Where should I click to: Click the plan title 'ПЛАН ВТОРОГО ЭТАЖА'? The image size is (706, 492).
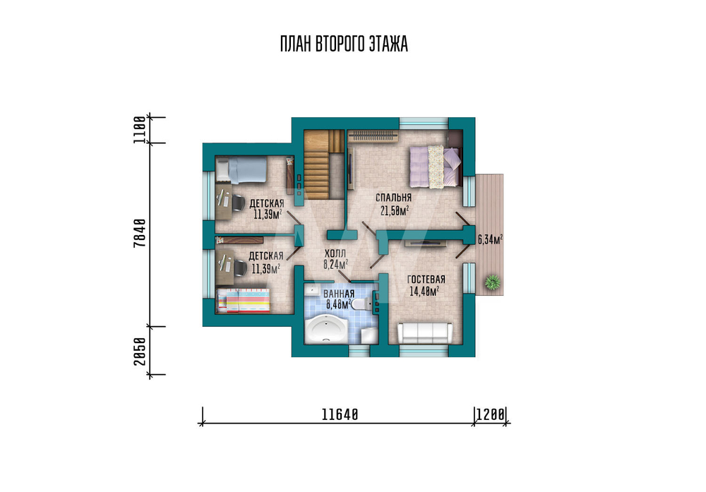tap(344, 44)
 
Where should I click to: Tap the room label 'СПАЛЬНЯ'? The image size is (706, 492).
tap(393, 198)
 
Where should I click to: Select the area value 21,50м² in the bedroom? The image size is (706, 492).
tap(395, 210)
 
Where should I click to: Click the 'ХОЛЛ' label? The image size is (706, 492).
tap(335, 254)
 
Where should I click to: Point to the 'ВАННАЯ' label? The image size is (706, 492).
tap(339, 294)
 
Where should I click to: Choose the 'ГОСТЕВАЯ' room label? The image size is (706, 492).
tap(426, 280)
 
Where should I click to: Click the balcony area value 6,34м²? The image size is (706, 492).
tap(491, 239)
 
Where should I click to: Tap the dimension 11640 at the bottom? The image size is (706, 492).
tap(340, 414)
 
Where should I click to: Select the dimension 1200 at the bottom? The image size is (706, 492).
tap(491, 414)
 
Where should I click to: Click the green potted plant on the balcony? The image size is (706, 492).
tap(493, 282)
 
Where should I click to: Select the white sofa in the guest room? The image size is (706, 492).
tap(424, 333)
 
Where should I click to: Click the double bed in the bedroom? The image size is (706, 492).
tap(436, 166)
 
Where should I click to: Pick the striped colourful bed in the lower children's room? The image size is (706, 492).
tap(244, 301)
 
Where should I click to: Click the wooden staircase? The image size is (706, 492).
tap(322, 164)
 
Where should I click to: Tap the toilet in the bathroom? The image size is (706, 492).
tap(361, 305)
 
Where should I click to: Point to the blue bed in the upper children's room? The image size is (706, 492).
tap(241, 170)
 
